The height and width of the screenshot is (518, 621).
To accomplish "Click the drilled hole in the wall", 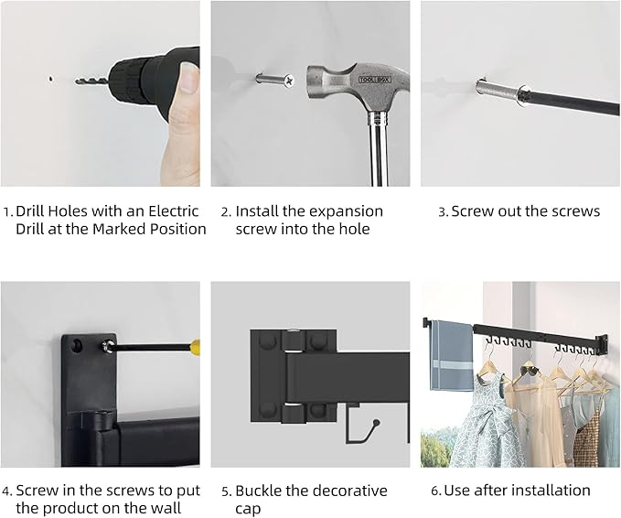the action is [x=50, y=79].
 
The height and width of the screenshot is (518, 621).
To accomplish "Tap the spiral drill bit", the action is [x=91, y=81].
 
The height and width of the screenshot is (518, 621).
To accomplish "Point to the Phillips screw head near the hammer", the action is [x=290, y=81].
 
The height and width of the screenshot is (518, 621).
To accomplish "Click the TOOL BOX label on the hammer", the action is [x=375, y=80].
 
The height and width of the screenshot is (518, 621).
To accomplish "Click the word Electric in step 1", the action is [x=174, y=210].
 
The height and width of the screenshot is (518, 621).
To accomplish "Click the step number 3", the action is [x=443, y=212].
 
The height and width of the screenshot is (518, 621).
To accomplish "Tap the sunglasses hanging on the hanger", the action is [x=529, y=371].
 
